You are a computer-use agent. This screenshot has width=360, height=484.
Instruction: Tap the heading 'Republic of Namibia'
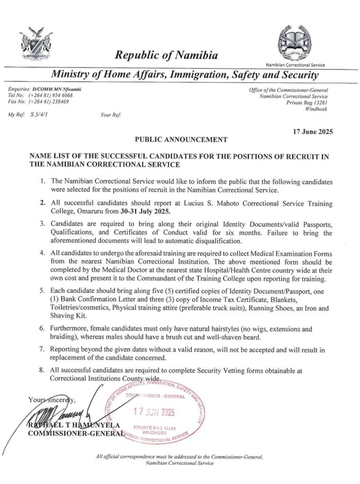coord(166,56)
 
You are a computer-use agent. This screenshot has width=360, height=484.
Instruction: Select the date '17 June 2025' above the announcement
coord(313,132)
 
